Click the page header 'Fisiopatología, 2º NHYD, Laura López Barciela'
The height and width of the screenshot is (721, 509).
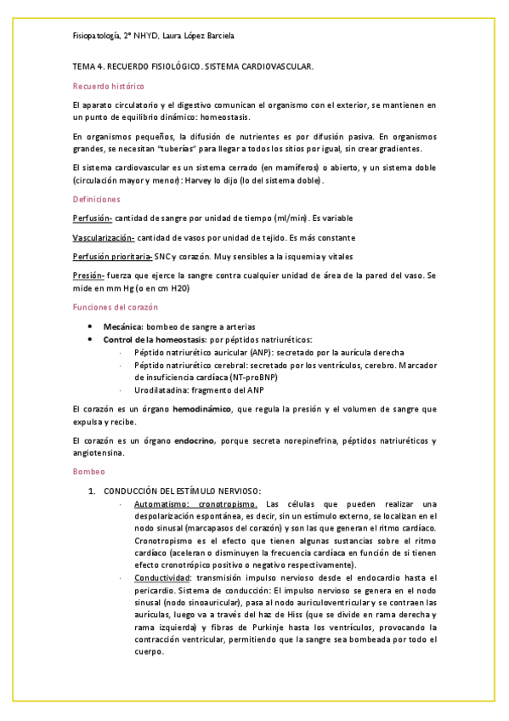point(153,36)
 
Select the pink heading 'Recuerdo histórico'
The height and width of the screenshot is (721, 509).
point(108,86)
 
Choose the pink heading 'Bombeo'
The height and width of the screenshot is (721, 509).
point(88,470)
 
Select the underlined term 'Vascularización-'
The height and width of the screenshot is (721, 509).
point(104,237)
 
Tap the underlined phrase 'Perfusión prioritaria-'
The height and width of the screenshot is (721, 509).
point(113,257)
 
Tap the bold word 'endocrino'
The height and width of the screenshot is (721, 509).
point(194,440)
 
